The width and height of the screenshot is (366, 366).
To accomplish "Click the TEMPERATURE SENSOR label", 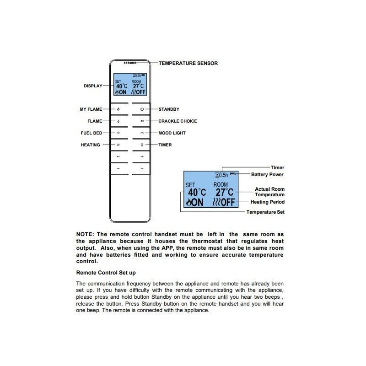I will click(188, 63).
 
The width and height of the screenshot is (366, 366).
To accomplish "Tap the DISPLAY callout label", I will click(93, 86).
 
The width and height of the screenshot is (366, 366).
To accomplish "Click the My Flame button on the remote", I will click(118, 109).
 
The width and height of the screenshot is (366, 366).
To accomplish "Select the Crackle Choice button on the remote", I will click(142, 121).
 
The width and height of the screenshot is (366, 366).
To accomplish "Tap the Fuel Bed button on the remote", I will click(118, 133).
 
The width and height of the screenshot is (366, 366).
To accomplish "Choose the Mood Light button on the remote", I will click(142, 133).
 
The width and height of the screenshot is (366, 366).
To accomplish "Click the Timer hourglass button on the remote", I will click(142, 145).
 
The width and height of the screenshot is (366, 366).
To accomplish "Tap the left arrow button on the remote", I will click(118, 157).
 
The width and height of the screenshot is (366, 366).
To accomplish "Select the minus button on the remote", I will click(118, 169).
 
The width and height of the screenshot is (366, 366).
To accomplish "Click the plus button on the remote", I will click(142, 169).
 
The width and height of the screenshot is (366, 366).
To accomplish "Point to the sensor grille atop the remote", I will click(130, 63).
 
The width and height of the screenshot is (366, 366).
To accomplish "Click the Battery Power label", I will click(267, 174).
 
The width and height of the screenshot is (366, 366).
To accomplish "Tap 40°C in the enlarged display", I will click(197, 193).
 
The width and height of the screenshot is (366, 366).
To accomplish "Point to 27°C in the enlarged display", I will click(224, 193).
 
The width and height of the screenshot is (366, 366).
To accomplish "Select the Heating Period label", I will click(268, 202).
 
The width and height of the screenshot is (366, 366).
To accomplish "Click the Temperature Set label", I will click(265, 212).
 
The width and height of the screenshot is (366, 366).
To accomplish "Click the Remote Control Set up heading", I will click(106, 273).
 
